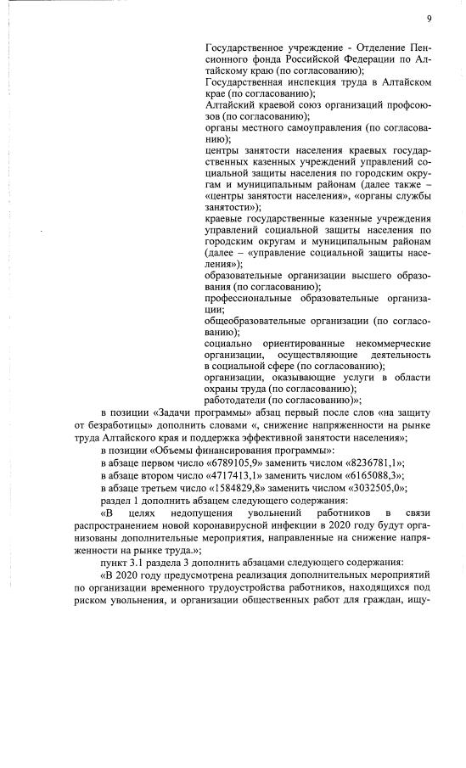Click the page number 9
[429, 18]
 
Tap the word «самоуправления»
[314, 129]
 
